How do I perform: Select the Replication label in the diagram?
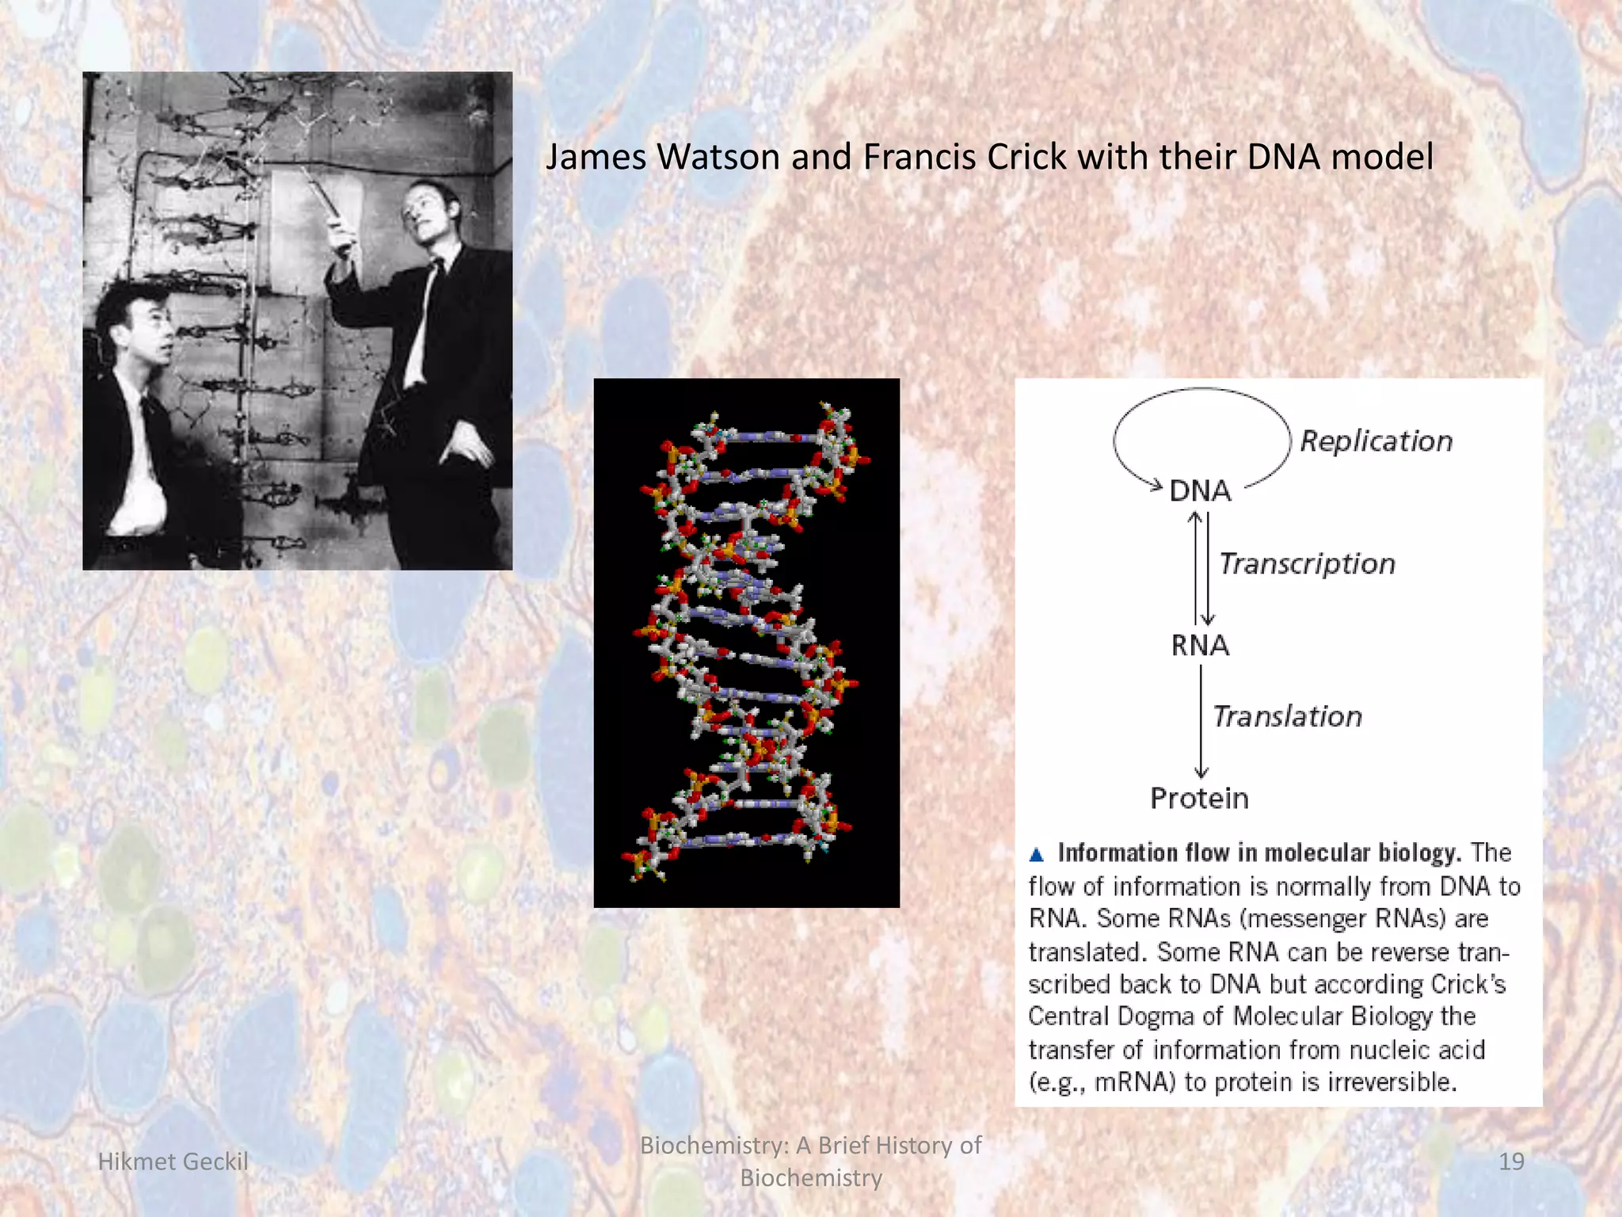pyautogui.click(x=1376, y=441)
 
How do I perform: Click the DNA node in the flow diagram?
pyautogui.click(x=1201, y=491)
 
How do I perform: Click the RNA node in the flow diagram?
pyautogui.click(x=1201, y=645)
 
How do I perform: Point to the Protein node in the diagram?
pyautogui.click(x=1199, y=798)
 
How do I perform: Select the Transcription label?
pyautogui.click(x=1307, y=564)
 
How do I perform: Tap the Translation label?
pyautogui.click(x=1287, y=716)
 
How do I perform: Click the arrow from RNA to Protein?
pyautogui.click(x=1201, y=721)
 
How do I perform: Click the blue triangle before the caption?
pyautogui.click(x=1037, y=854)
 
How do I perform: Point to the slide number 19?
pyautogui.click(x=1511, y=1162)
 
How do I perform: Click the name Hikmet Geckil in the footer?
pyautogui.click(x=173, y=1162)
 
